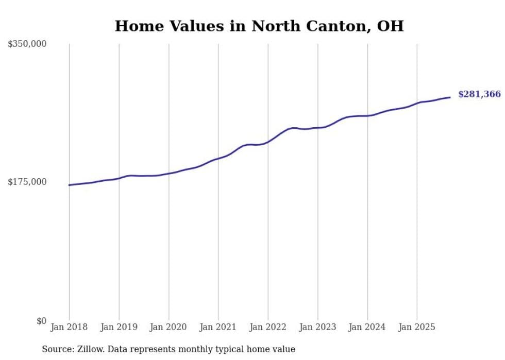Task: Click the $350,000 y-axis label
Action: pos(27,44)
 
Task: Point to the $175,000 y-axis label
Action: pos(27,182)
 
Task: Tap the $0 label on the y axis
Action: pos(41,321)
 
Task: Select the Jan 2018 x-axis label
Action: pos(69,327)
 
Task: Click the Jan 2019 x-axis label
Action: pos(119,327)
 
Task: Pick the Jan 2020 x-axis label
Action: pos(169,327)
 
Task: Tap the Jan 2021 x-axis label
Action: pos(218,327)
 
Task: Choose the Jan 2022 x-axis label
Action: pos(268,327)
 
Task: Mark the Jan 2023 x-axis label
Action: pos(317,327)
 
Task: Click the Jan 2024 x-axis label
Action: pos(367,327)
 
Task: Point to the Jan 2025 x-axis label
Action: pos(417,327)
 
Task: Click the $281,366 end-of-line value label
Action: pos(479,94)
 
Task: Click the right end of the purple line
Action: pos(450,97)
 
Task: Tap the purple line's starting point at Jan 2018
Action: pos(69,185)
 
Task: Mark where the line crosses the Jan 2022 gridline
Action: pos(268,142)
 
